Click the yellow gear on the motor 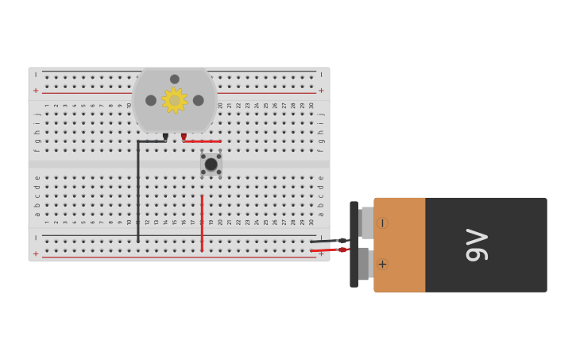(x=174, y=100)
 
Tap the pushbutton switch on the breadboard (x=211, y=165)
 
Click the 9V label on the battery (x=477, y=245)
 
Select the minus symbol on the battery (x=383, y=223)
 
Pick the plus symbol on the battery (x=383, y=264)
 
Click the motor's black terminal (x=165, y=137)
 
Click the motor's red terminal (x=184, y=137)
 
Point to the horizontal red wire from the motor (x=203, y=141)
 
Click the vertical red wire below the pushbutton (x=202, y=223)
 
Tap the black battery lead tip (x=342, y=240)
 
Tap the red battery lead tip (x=342, y=250)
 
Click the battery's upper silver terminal (x=366, y=223)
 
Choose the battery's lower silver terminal (x=364, y=264)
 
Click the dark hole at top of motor (x=175, y=79)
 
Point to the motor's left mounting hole (x=151, y=100)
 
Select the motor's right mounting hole (x=199, y=100)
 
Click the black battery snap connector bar (x=354, y=244)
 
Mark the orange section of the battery (x=400, y=245)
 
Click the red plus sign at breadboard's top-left (x=35, y=91)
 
